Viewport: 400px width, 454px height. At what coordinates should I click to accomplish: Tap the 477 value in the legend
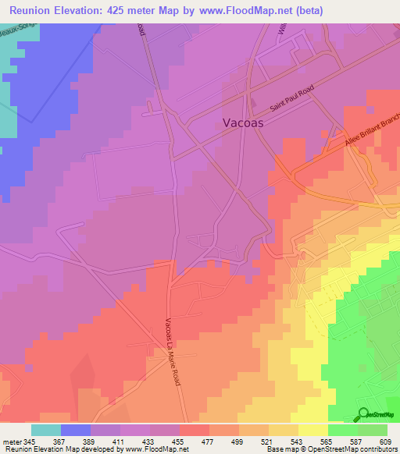(x=209, y=442)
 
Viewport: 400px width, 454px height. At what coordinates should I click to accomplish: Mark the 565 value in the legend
(x=327, y=442)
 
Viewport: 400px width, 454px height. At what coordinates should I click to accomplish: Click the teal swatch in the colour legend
(x=46, y=430)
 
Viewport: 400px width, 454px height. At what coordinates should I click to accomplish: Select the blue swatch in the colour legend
(x=76, y=430)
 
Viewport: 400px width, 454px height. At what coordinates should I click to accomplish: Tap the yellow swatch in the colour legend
(x=312, y=430)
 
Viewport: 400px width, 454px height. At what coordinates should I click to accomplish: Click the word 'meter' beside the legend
(x=12, y=442)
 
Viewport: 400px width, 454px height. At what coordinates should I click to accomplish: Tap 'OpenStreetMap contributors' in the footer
(x=353, y=449)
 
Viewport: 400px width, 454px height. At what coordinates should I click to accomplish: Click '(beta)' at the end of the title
(x=303, y=11)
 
